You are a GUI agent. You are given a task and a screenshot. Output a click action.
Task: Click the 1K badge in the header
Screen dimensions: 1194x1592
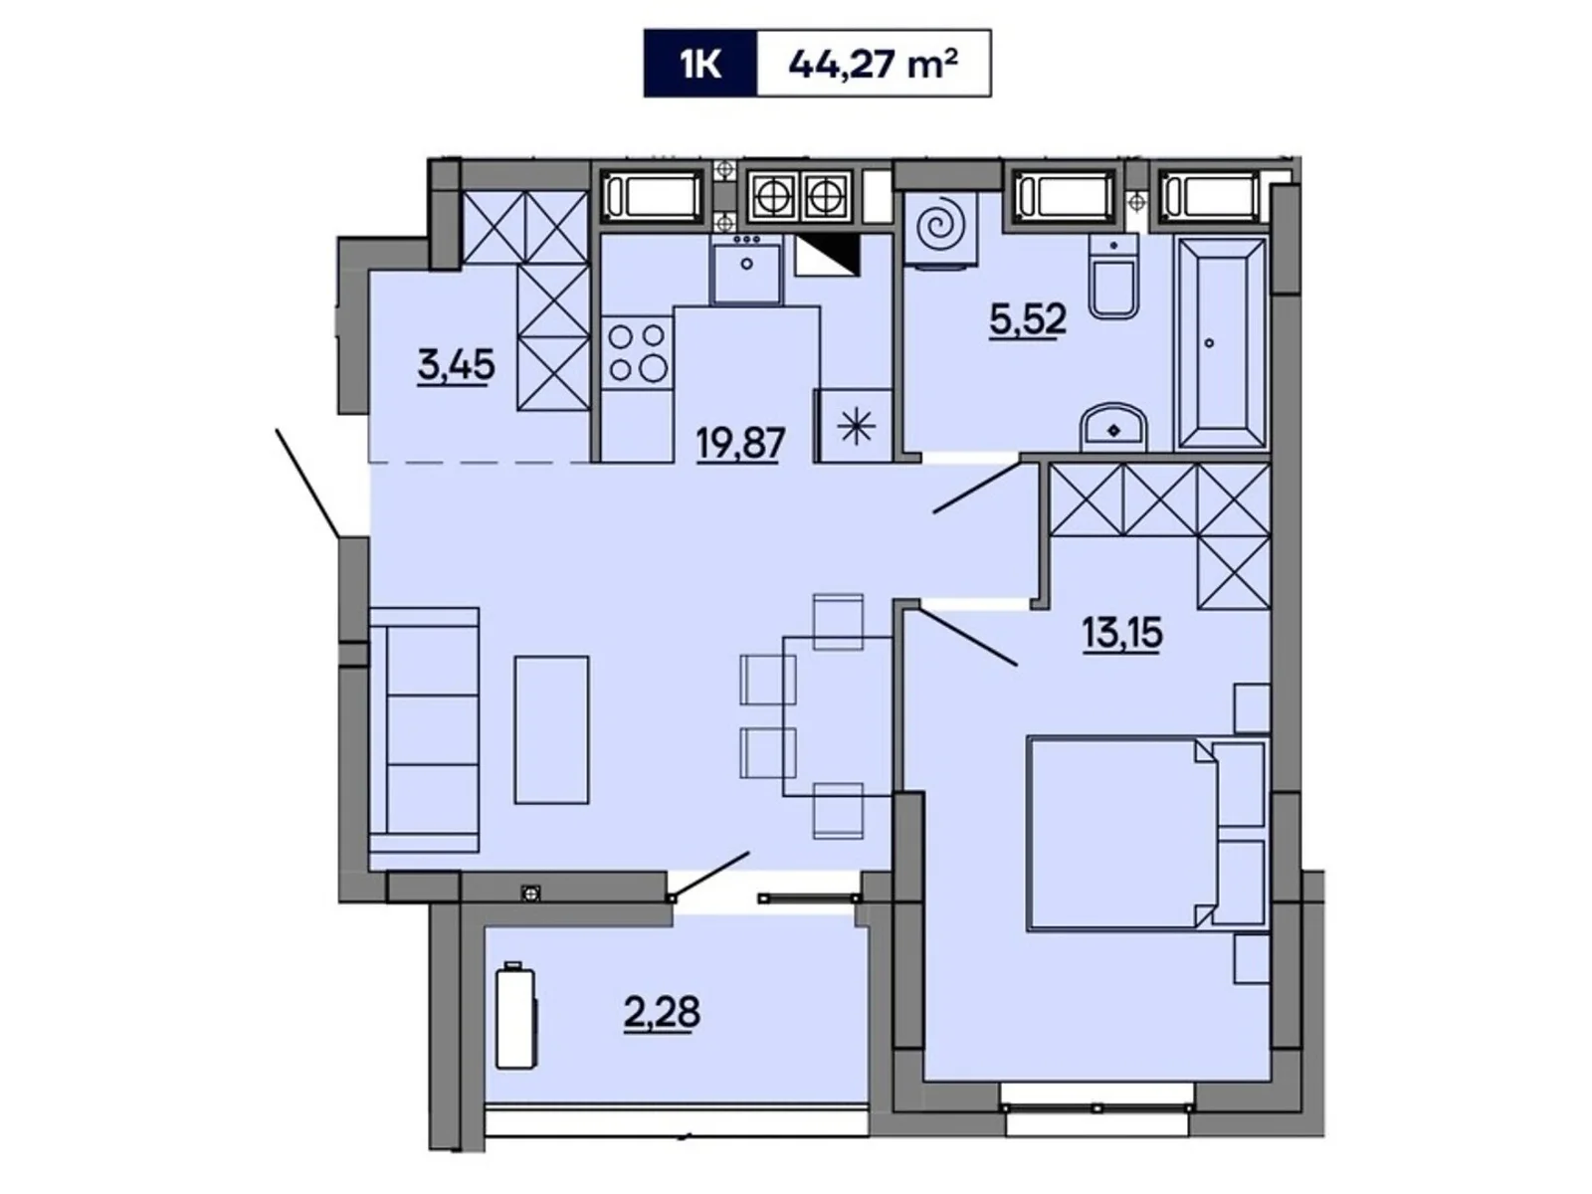click(700, 64)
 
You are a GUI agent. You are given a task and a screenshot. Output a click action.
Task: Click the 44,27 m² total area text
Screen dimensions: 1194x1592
click(873, 64)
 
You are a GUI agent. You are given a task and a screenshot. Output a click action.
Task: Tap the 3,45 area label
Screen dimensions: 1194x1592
click(456, 366)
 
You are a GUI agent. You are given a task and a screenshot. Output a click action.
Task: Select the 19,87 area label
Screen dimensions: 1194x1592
click(740, 442)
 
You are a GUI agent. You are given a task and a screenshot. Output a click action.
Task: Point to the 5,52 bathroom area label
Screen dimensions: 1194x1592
click(1027, 319)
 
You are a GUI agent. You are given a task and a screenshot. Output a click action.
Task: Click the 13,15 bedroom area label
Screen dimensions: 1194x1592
click(1122, 633)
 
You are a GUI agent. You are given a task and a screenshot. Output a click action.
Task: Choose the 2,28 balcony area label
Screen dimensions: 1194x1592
click(662, 1013)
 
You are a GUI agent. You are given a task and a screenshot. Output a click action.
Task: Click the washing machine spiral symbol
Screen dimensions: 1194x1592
click(940, 229)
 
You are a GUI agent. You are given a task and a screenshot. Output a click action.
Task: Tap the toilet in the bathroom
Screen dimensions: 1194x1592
click(1113, 278)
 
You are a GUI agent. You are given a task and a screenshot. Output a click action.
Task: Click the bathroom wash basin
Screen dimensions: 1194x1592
click(1113, 428)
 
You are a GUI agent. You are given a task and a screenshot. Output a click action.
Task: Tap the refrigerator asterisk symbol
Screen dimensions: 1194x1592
click(856, 426)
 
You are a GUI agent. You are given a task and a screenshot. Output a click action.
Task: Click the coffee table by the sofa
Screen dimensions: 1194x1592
click(551, 729)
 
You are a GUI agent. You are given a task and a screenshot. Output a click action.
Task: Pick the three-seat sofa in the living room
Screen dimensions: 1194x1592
click(425, 729)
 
